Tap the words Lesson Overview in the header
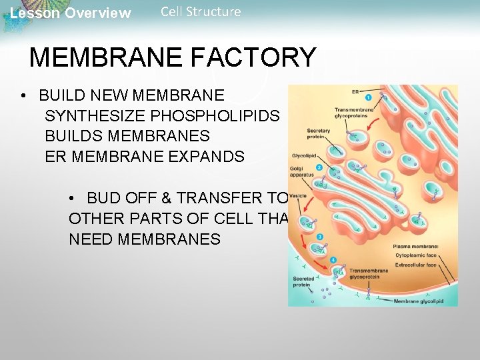tap(71, 13)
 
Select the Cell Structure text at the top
tap(201, 11)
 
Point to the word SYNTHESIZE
tap(95, 116)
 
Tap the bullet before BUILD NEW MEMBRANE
tap(23, 96)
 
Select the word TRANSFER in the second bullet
tap(229, 198)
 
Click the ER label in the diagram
tap(357, 91)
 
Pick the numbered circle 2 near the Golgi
tap(319, 168)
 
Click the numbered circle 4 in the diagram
tap(333, 259)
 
